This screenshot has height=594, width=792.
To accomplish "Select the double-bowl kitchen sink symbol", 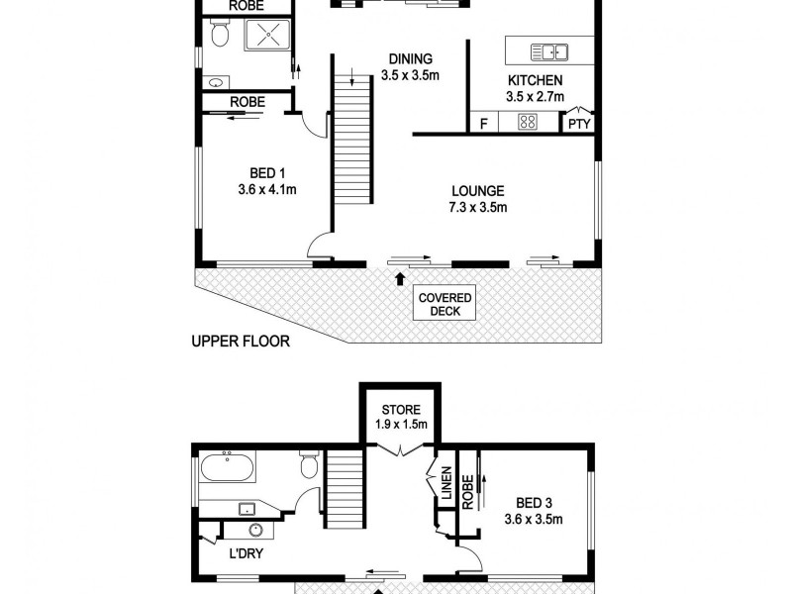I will (547, 51).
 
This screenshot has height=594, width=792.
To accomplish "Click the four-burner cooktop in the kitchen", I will (528, 124).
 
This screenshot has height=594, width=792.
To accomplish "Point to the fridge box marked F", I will (483, 124).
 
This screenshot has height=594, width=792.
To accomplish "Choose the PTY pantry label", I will (578, 125).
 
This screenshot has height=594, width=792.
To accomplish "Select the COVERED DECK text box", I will (445, 304).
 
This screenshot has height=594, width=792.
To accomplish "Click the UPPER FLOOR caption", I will (240, 343).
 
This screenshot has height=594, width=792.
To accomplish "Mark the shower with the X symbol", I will (264, 38).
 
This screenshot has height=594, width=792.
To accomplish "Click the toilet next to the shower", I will (220, 36).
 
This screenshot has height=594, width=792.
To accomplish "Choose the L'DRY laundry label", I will (244, 554).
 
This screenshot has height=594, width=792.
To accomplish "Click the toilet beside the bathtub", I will (309, 463).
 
